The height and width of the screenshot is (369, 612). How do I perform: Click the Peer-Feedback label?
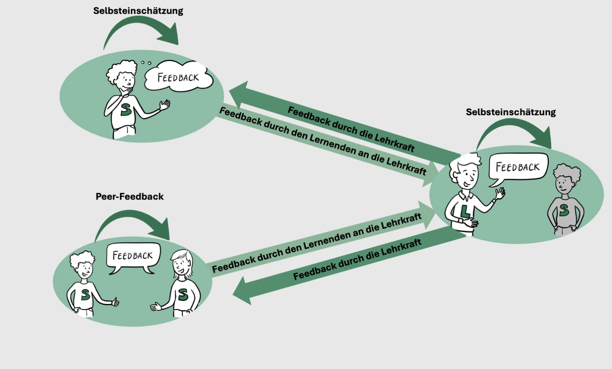click(130, 196)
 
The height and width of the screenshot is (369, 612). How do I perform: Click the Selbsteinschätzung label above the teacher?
click(510, 112)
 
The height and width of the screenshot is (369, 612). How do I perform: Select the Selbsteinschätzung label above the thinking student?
click(138, 11)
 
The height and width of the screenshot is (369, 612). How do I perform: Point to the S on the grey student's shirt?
click(564, 210)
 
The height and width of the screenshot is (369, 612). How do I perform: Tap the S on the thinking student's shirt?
click(125, 109)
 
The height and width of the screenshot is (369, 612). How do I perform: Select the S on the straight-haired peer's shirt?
click(183, 294)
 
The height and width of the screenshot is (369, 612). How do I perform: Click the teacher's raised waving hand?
click(500, 193)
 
